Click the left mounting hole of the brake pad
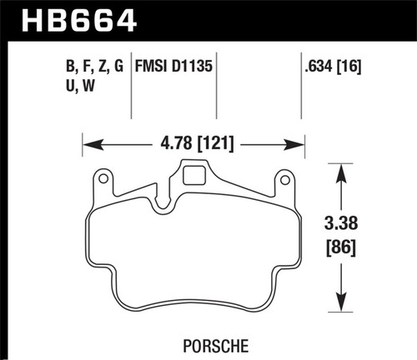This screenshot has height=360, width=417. pyautogui.click(x=104, y=177)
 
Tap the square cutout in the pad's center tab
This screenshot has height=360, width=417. pyautogui.click(x=194, y=176)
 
